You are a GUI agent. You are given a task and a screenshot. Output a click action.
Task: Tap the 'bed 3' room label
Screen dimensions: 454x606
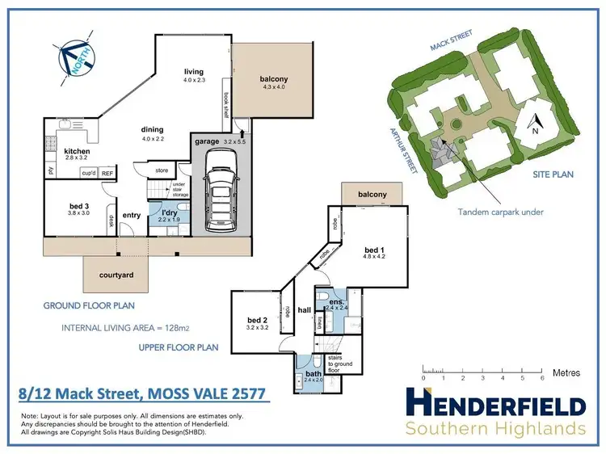pos(78,206)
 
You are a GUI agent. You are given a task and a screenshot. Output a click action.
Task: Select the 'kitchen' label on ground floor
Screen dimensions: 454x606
pos(77,151)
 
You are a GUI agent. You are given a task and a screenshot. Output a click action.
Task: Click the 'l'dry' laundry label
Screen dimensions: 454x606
pos(169,211)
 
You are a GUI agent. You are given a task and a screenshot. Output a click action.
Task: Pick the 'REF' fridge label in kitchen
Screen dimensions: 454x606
pos(107,173)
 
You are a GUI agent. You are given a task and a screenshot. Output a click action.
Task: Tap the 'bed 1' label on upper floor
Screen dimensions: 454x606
pos(375,248)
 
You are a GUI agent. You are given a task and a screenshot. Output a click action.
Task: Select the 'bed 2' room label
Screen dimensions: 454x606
pos(257,321)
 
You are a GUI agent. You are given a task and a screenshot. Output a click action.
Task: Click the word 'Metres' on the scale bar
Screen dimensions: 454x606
pos(566,372)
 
